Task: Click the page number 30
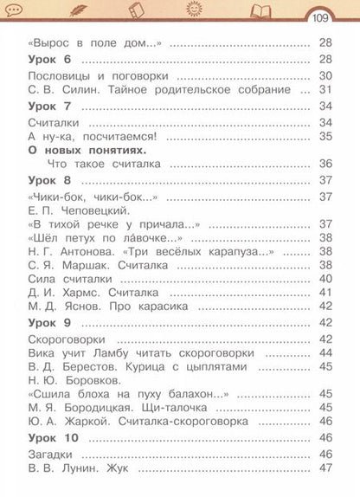[x=326, y=76]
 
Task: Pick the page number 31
[x=326, y=89]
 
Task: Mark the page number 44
[x=326, y=352]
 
